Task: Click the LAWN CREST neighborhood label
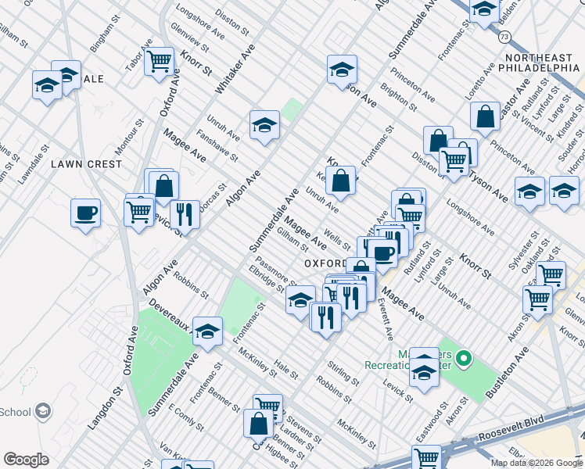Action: (x=87, y=164)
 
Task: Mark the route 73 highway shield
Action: (x=505, y=37)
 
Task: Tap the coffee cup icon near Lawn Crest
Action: (x=85, y=212)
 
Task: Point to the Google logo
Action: (x=27, y=460)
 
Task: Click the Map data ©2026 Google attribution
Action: (x=536, y=463)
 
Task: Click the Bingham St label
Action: (x=106, y=37)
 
